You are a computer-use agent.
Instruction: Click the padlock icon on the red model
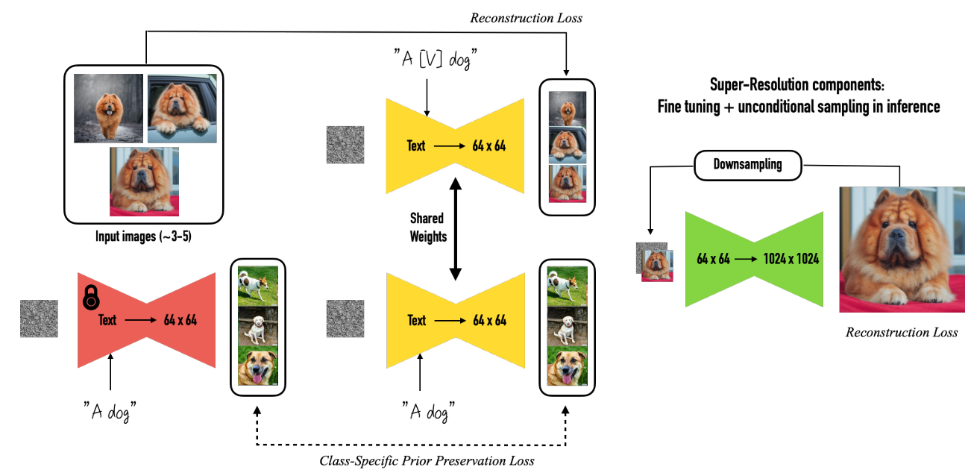click(91, 298)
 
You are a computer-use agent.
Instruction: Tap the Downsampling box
click(748, 165)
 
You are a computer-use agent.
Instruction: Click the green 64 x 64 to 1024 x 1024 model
click(754, 260)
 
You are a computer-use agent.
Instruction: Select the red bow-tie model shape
click(146, 320)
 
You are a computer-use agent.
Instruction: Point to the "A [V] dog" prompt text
click(436, 59)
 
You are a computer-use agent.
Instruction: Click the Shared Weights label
click(428, 228)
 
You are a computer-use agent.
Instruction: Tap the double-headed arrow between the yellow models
click(455, 229)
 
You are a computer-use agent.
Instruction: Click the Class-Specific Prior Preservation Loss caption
click(427, 460)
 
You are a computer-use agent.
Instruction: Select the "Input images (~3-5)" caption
click(143, 236)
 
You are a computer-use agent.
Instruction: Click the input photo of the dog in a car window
click(182, 108)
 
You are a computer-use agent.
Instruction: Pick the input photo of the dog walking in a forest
click(108, 108)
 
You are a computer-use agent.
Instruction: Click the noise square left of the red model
click(39, 319)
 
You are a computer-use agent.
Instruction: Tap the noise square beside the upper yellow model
click(345, 145)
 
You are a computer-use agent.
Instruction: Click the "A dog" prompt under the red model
click(110, 411)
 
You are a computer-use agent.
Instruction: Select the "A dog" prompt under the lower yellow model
click(428, 411)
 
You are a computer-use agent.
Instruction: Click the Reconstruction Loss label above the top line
click(527, 18)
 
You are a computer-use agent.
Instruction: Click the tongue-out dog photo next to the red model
click(258, 366)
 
